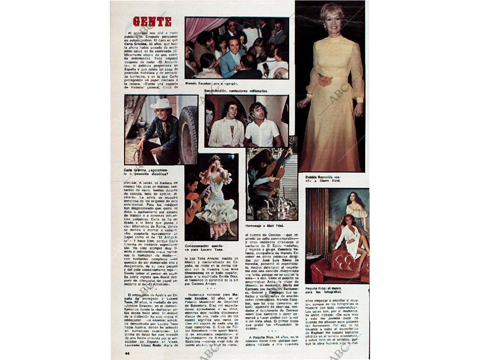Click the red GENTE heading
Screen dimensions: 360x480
(x=152, y=22)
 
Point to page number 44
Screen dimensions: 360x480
(x=127, y=353)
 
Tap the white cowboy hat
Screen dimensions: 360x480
(x=161, y=104)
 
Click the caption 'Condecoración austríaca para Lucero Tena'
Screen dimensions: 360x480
(x=205, y=248)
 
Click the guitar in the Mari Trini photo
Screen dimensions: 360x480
(x=276, y=168)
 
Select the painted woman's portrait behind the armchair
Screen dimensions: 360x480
(x=356, y=208)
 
